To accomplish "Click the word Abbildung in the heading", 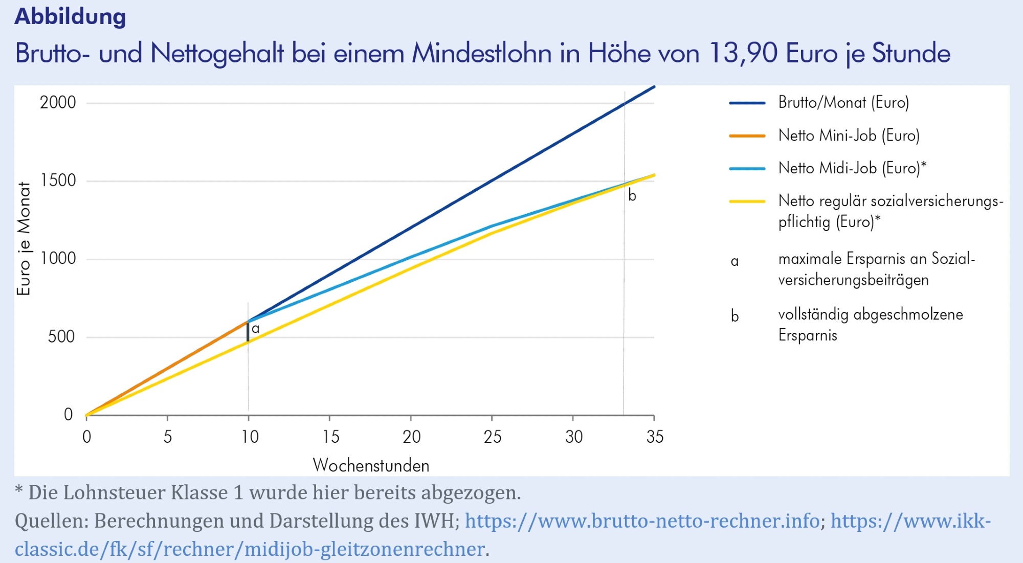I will (70, 16).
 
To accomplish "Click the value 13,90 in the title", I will (743, 53).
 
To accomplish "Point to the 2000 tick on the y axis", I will (58, 103).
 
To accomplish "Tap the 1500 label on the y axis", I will (58, 181).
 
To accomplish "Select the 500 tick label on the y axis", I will (61, 336).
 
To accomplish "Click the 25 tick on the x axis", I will (492, 437).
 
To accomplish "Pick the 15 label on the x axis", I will (330, 437).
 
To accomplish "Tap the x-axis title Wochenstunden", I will (371, 465).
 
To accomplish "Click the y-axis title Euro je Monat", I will (24, 238).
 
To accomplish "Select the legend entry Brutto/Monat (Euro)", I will (843, 103).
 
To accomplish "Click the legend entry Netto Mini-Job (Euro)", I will (849, 136).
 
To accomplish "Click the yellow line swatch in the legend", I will (747, 202).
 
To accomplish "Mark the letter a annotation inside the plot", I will (256, 329).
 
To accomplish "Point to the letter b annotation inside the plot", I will (632, 196).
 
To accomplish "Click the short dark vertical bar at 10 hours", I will (248, 331).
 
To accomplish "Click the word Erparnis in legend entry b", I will (808, 335).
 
